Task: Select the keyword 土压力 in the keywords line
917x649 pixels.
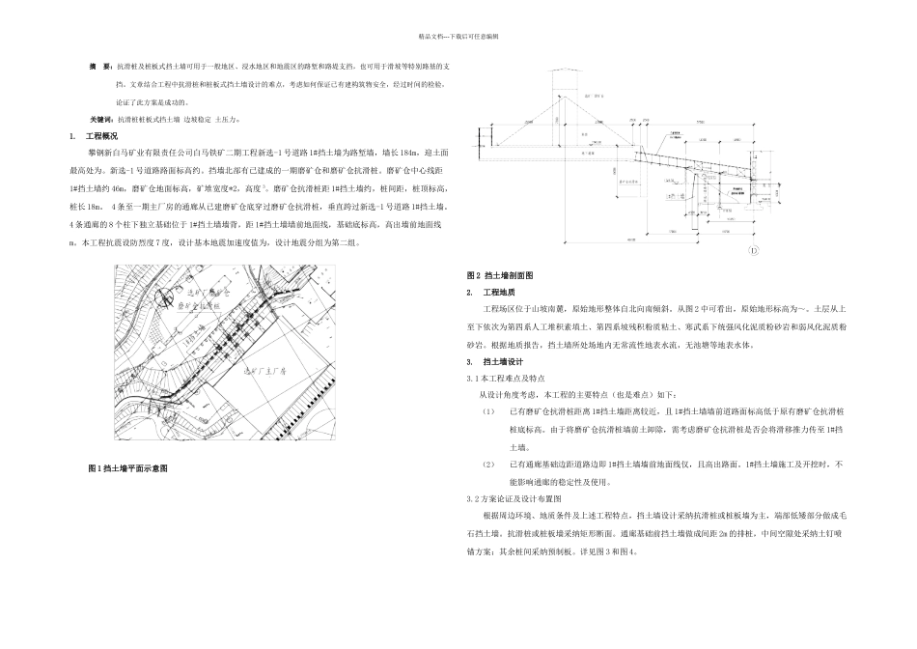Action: (x=224, y=120)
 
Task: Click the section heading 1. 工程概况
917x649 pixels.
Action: (x=94, y=137)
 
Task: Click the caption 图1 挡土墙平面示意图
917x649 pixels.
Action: (x=127, y=468)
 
